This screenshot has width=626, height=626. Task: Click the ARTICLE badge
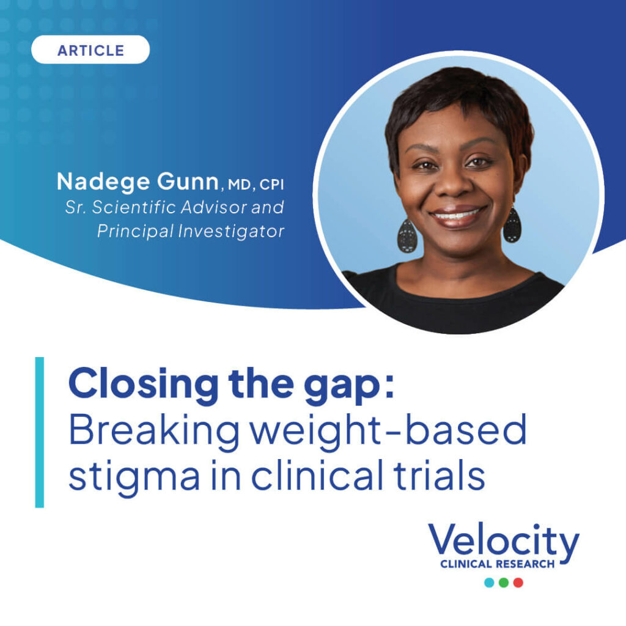[90, 50]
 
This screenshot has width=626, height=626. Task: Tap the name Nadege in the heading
[103, 182]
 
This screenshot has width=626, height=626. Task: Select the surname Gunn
[188, 182]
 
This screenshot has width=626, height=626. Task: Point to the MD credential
[239, 185]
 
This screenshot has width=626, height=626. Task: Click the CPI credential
[271, 185]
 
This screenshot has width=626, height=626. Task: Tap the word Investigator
[230, 231]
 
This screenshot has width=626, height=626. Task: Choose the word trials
[440, 474]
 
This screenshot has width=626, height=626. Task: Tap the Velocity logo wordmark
[504, 540]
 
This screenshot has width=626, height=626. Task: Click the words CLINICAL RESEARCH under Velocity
[498, 564]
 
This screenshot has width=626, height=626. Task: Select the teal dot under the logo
[489, 583]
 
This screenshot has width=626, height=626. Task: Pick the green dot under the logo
[504, 583]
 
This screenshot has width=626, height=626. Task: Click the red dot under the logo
[518, 583]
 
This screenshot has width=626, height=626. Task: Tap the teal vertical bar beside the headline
[40, 432]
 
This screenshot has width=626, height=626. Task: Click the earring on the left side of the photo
[407, 236]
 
